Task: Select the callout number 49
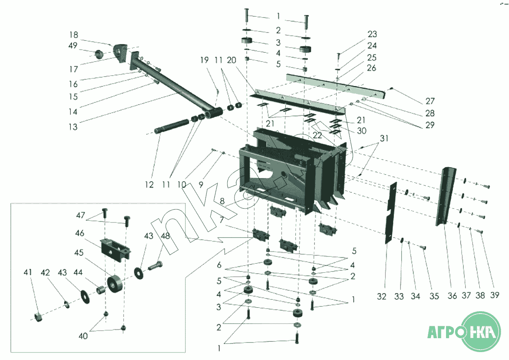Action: [x=72, y=46]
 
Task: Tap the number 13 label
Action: [x=72, y=127]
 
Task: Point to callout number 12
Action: [x=149, y=185]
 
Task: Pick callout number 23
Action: [x=372, y=34]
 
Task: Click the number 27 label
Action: [x=430, y=101]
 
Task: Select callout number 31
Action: [x=384, y=139]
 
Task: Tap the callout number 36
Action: [x=452, y=296]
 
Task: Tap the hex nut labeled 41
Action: [x=38, y=317]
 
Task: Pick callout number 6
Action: [x=219, y=265]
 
